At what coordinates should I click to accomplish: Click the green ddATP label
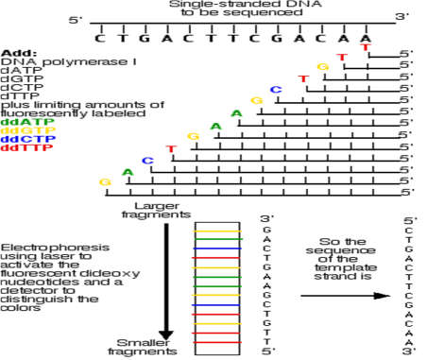[x=19, y=122]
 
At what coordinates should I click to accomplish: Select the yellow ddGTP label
[x=19, y=130]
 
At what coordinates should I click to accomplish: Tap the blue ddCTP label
[x=19, y=139]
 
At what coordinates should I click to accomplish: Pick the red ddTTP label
[x=19, y=147]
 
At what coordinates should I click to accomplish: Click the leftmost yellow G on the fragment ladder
[x=105, y=180]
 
